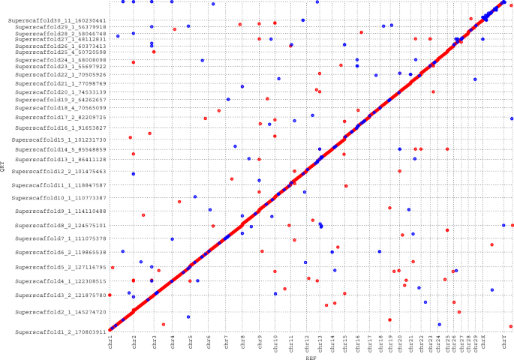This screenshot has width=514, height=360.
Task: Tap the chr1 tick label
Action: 110,343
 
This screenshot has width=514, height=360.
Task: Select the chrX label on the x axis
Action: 483,343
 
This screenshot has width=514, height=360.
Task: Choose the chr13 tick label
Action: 319,344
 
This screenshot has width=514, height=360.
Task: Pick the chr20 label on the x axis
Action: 400,344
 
